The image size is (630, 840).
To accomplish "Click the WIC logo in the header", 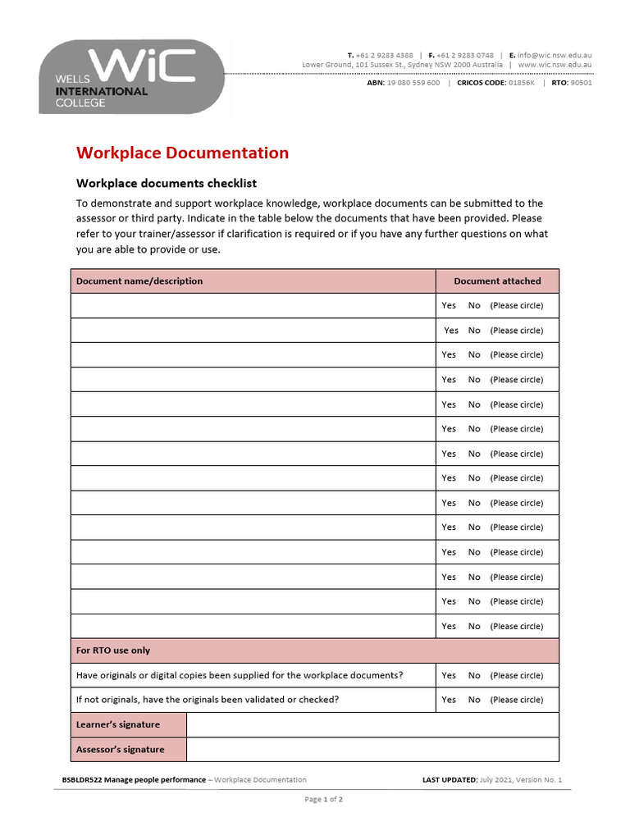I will tap(131, 76).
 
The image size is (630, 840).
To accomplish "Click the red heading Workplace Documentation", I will tap(182, 153).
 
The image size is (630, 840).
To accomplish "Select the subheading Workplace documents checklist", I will tap(167, 184).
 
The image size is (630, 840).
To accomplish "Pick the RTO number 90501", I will tap(581, 83).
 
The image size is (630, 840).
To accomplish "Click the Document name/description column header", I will tap(139, 281).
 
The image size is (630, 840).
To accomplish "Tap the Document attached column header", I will tap(497, 281).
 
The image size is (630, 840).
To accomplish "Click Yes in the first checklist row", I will tap(449, 306).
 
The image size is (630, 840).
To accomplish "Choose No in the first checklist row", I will tap(474, 306).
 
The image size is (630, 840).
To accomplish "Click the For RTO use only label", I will tap(113, 651).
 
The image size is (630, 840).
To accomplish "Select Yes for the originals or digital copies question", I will tap(449, 676).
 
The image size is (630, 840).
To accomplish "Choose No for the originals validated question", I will tap(474, 701).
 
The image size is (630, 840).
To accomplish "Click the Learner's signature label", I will tap(118, 725).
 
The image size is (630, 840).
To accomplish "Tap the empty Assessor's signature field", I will tap(372, 750).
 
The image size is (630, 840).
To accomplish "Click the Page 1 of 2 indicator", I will tap(323, 800).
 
